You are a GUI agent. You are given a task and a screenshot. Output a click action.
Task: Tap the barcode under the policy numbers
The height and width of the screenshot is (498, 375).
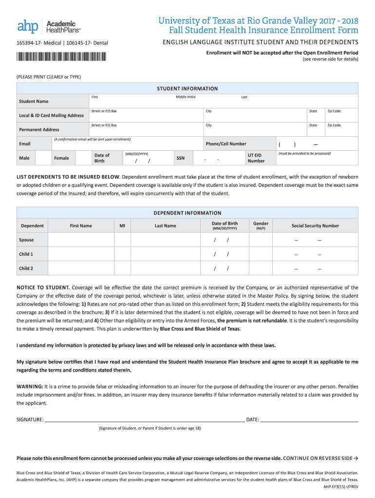pyautogui.click(x=61, y=56)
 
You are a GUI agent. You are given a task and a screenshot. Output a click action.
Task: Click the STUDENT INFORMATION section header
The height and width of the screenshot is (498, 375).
pyautogui.click(x=187, y=89)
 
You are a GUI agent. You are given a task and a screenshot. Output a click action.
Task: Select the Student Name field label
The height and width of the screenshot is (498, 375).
pyautogui.click(x=34, y=101)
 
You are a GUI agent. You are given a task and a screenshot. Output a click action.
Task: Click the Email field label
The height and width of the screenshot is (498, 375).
pyautogui.click(x=24, y=144)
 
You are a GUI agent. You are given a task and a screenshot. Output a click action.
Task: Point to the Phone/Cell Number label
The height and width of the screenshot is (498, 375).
pyautogui.click(x=225, y=144)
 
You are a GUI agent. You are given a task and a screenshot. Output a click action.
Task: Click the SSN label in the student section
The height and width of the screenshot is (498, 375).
pyautogui.click(x=180, y=158)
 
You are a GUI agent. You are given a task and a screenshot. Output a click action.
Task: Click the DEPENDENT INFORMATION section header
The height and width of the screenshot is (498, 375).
pyautogui.click(x=187, y=213)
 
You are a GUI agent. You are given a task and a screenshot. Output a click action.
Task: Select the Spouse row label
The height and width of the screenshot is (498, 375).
pyautogui.click(x=27, y=240)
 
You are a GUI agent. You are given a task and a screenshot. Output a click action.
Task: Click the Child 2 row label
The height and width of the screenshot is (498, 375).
pyautogui.click(x=26, y=268)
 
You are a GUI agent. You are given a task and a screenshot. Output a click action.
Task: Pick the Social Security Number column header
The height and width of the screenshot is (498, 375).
pyautogui.click(x=315, y=226)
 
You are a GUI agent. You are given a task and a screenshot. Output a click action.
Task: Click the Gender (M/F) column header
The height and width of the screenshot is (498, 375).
pyautogui.click(x=261, y=226)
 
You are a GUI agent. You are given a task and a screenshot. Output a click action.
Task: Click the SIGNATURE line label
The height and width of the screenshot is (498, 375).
pyautogui.click(x=30, y=419)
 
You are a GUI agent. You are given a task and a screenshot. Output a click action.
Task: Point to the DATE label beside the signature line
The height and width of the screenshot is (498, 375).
pyautogui.click(x=252, y=419)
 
